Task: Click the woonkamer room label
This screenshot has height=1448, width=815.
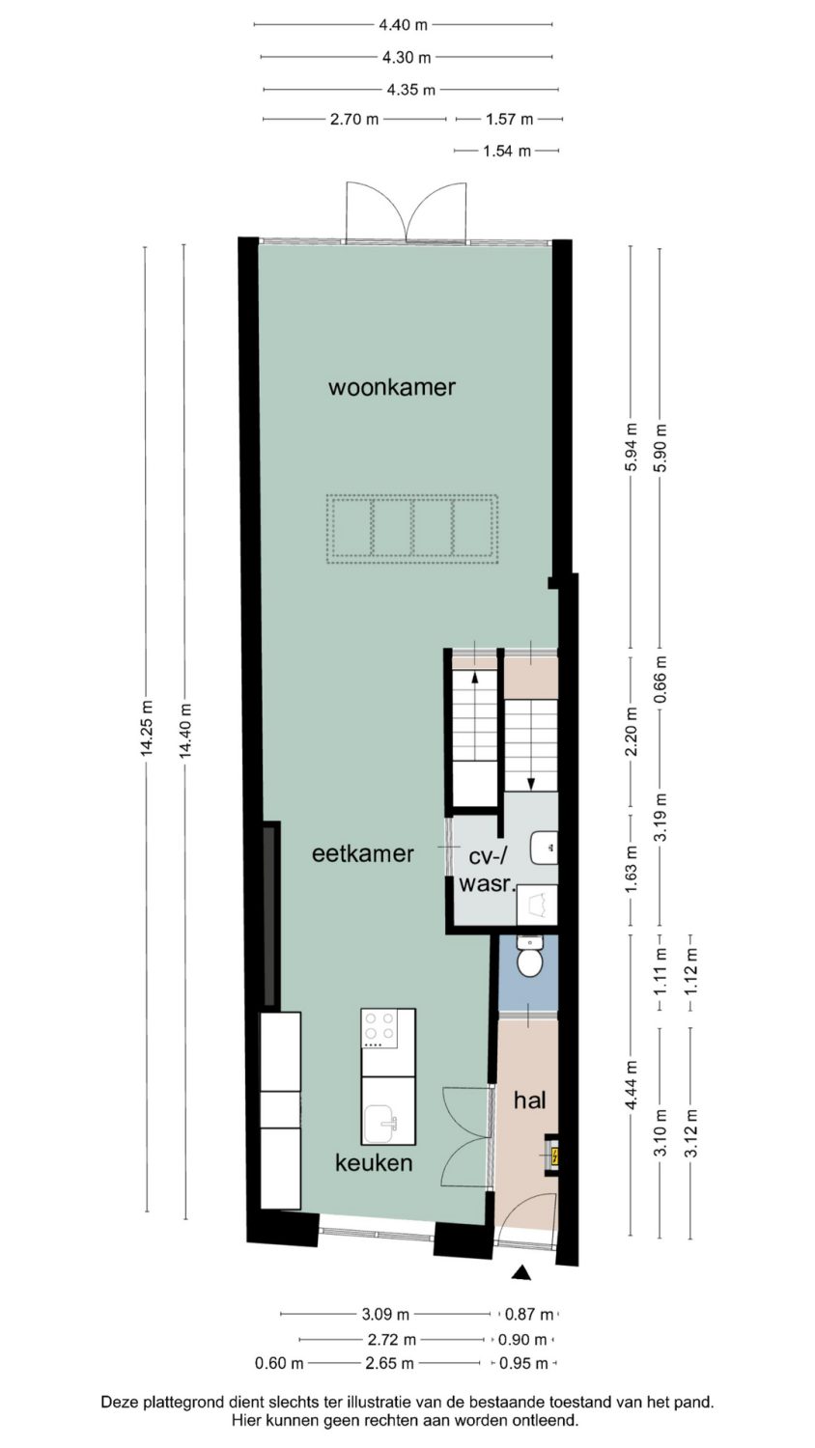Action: coord(392,388)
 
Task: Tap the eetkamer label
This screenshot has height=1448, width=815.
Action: coord(363,854)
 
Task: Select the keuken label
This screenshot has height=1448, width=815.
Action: coord(374,1163)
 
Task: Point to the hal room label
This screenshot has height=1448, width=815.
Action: coord(530,1100)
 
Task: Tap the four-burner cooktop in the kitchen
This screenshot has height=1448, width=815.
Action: coord(379,1028)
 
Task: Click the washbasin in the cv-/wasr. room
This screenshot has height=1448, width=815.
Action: coord(544,848)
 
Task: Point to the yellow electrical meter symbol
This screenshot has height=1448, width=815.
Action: coord(553,1156)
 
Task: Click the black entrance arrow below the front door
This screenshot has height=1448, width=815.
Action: coord(521,1273)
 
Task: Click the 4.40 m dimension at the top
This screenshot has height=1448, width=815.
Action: coord(403,25)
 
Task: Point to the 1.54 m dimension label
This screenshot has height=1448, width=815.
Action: coord(507,152)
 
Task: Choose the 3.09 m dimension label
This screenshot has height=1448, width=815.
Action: coord(385,1314)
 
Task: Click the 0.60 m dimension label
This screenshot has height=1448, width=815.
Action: coord(279,1363)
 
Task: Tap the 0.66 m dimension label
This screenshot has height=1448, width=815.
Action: coord(660,680)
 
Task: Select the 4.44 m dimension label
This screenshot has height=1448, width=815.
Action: coord(632,1086)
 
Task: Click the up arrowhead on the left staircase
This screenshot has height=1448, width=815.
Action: coord(475,678)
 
